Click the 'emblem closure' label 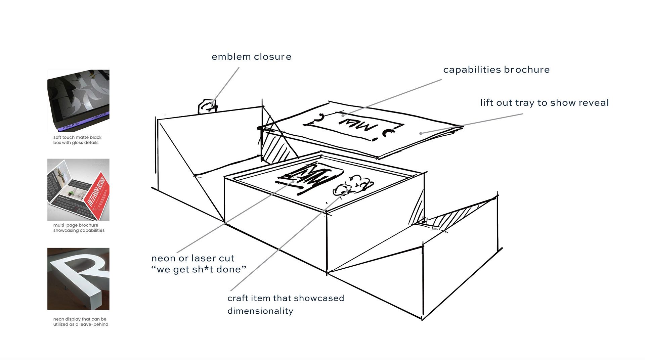pos(251,57)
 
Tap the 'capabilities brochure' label pos(496,70)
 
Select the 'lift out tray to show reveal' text pos(544,103)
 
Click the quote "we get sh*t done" pos(199,269)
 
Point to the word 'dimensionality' pos(260,311)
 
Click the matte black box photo pos(78,100)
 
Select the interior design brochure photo pos(78,189)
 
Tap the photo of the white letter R pos(78,278)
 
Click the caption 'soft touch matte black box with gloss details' pos(77,140)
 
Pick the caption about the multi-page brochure pos(79,228)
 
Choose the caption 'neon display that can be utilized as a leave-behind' pos(80,322)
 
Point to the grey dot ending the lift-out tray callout pos(421,133)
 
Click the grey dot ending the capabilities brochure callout pos(343,116)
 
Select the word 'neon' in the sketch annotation pos(163,258)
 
